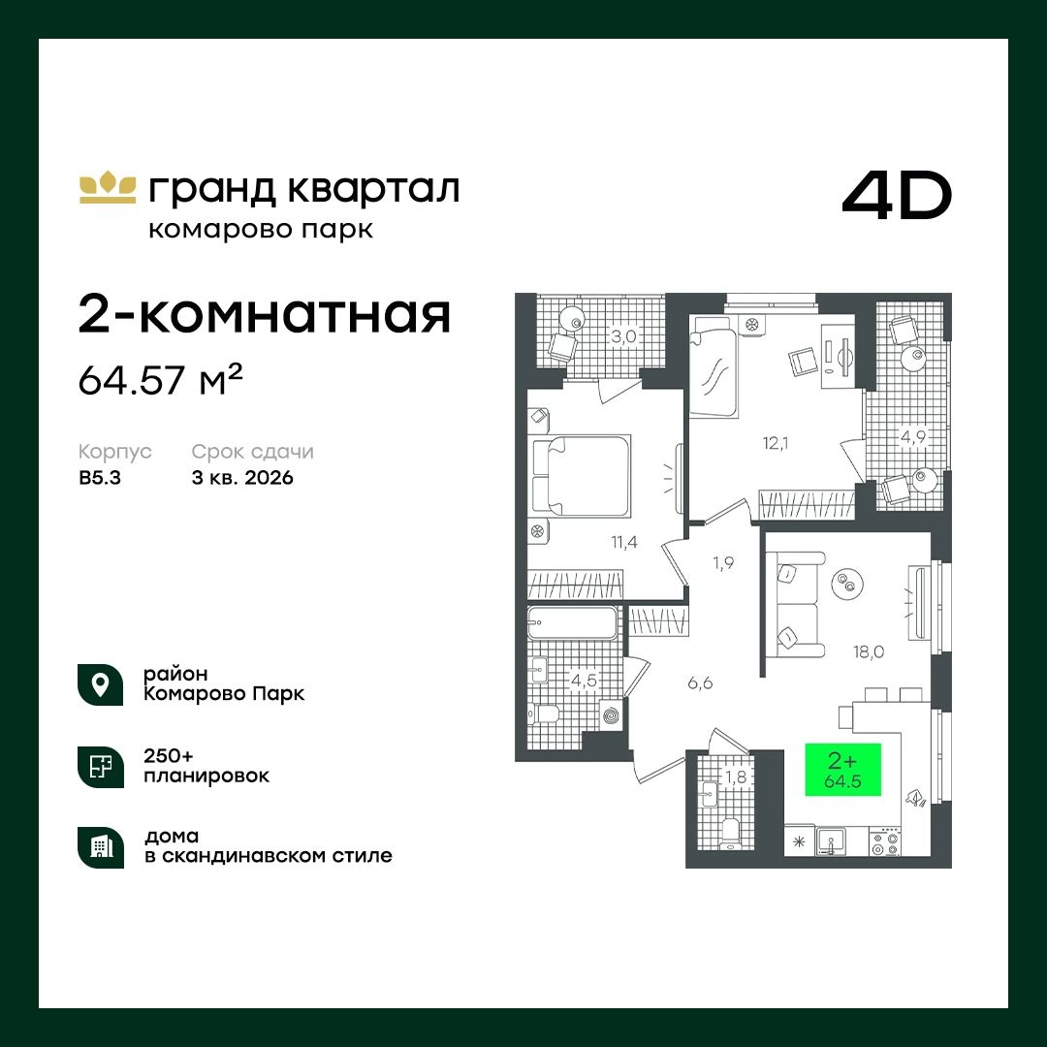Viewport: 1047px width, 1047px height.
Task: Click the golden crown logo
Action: pyautogui.click(x=107, y=187)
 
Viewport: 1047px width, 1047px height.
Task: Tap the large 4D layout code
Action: pyautogui.click(x=897, y=197)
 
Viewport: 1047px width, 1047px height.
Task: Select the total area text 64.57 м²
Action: pyautogui.click(x=160, y=380)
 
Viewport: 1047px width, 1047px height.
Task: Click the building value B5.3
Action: pyautogui.click(x=102, y=478)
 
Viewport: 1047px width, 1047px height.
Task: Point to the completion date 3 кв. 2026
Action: pyautogui.click(x=242, y=478)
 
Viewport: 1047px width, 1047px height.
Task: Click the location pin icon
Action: pyautogui.click(x=100, y=683)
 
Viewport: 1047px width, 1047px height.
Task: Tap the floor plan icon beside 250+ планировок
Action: pyautogui.click(x=100, y=766)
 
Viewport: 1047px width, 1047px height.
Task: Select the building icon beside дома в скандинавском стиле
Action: pyautogui.click(x=100, y=846)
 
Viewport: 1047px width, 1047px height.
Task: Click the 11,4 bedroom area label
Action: pyautogui.click(x=623, y=542)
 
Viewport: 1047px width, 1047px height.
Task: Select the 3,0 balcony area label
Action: pyautogui.click(x=621, y=337)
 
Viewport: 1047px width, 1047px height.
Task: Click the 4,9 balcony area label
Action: pyautogui.click(x=911, y=437)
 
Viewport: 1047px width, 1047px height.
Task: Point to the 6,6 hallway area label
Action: pyautogui.click(x=700, y=683)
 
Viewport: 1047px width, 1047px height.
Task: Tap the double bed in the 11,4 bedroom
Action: pyautogui.click(x=582, y=476)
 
